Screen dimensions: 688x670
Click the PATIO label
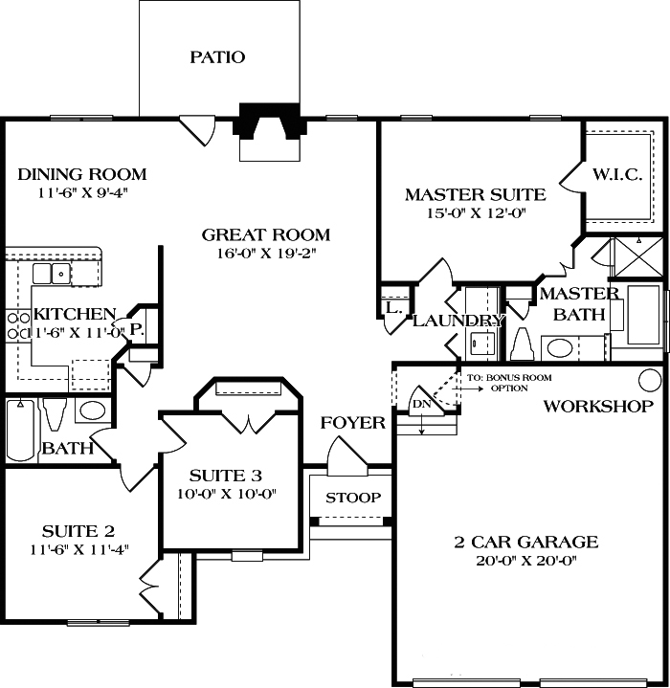coord(217,57)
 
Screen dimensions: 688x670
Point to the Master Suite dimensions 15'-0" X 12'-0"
coord(476,213)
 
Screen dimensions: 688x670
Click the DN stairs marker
coord(422,404)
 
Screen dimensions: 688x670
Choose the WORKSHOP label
coord(598,407)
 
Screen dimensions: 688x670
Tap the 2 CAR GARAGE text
coord(525,543)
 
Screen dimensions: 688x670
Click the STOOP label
coord(353,499)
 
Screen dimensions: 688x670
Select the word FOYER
coord(352,423)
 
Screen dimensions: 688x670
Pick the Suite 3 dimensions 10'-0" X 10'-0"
coord(225,494)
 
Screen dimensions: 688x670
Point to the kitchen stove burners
coord(17,325)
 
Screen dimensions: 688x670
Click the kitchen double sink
coord(53,274)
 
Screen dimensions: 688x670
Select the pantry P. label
coord(136,327)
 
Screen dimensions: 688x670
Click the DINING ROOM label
coord(82,174)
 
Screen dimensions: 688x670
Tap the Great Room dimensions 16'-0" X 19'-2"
coord(265,254)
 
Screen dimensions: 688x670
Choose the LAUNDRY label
coord(458,322)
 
